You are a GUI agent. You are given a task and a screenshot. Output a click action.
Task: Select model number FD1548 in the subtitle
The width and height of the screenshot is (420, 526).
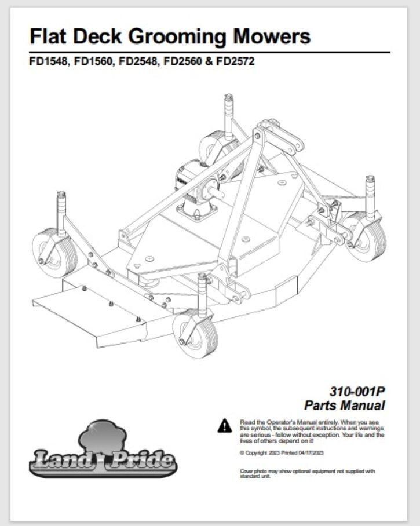tap(49, 60)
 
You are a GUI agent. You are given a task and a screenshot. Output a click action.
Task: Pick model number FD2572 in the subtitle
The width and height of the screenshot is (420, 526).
tap(233, 60)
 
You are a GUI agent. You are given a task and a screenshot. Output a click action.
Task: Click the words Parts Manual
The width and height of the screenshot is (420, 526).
tap(344, 404)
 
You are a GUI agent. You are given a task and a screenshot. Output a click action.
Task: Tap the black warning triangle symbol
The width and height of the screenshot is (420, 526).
tap(224, 426)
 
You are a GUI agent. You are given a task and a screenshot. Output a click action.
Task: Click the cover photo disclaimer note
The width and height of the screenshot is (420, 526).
tap(307, 473)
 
